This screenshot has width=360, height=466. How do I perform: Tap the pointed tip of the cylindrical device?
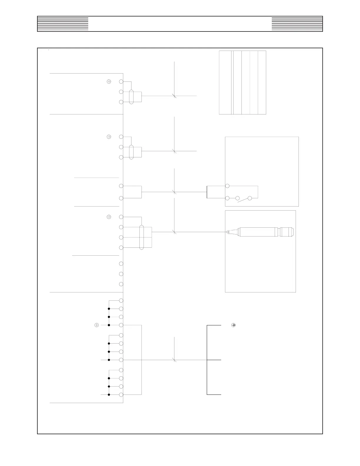tap(227, 232)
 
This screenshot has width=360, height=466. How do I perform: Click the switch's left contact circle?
tap(238, 198)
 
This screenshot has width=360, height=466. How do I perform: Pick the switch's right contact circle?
tap(250, 198)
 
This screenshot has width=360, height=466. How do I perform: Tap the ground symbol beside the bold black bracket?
tap(234, 325)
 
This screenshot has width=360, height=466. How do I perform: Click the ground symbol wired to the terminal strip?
tap(96, 325)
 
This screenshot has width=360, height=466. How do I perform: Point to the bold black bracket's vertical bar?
tap(207, 360)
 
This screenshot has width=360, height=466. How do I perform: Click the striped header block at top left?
tap(63, 24)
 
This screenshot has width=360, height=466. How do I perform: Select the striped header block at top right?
tap(297, 24)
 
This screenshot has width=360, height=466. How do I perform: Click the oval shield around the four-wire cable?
tap(141, 237)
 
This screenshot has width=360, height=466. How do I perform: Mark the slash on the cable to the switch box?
tap(174, 192)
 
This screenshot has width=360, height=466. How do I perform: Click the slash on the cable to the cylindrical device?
tap(174, 232)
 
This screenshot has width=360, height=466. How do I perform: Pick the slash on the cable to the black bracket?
tap(174, 360)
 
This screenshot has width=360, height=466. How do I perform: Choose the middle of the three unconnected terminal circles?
tap(121, 274)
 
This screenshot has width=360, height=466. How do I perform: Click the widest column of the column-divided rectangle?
tap(225, 82)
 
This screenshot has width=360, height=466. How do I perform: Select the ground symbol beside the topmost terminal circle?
tap(109, 81)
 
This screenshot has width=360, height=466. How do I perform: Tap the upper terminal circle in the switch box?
tap(227, 186)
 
